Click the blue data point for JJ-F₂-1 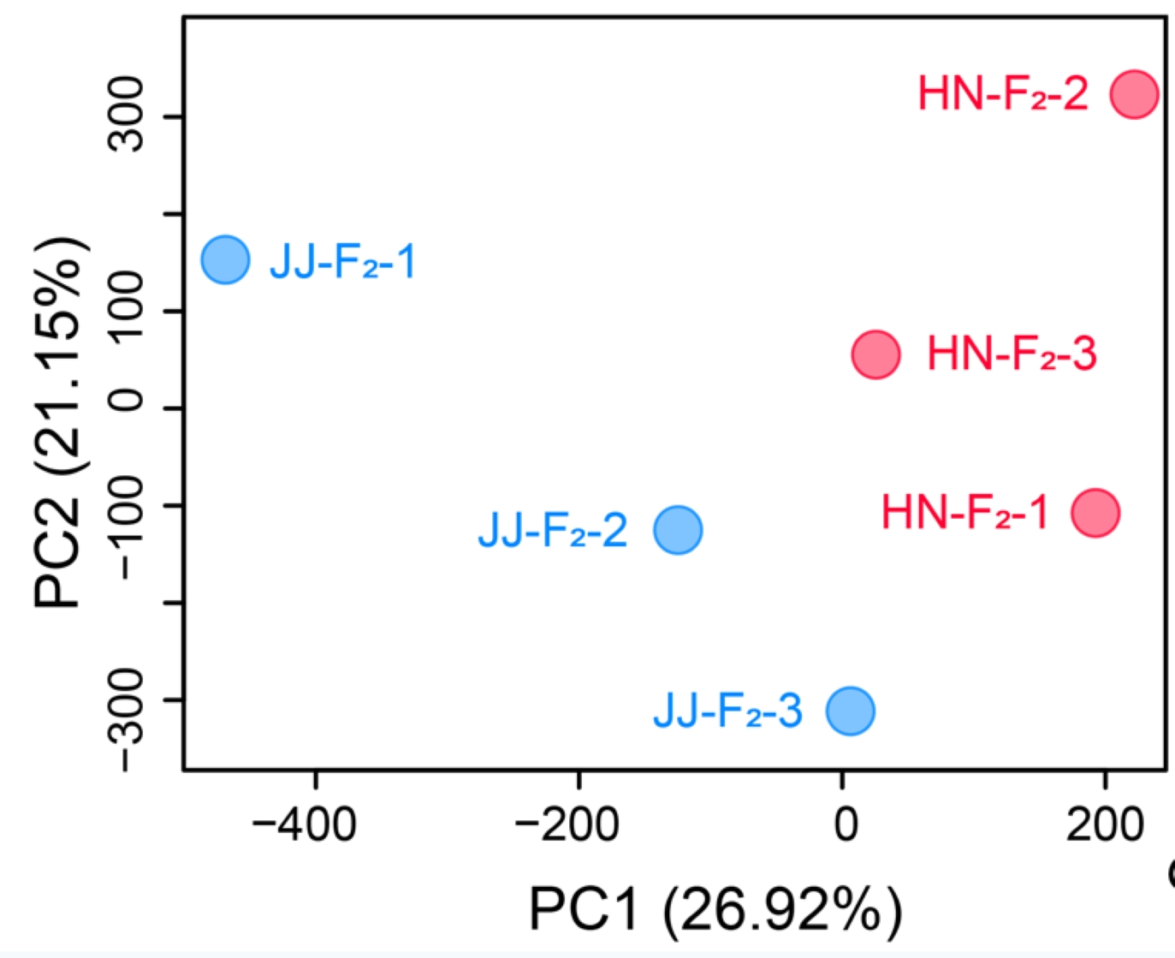tap(225, 259)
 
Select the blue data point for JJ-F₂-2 tap(678, 530)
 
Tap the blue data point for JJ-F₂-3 tap(850, 711)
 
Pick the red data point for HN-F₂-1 tap(1095, 513)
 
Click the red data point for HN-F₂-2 tap(1134, 94)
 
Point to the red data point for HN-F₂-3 tap(876, 354)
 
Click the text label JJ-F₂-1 tap(342, 261)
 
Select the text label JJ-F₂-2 tap(553, 531)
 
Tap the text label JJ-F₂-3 tap(727, 711)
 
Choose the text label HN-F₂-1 tap(964, 513)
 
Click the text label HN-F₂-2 tap(1003, 94)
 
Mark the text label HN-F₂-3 tap(1012, 354)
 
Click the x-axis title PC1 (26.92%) tap(715, 909)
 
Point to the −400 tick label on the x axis tap(304, 824)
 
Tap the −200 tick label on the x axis tap(567, 824)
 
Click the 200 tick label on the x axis tap(1105, 824)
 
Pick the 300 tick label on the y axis tap(126, 115)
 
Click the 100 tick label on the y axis tap(126, 309)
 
